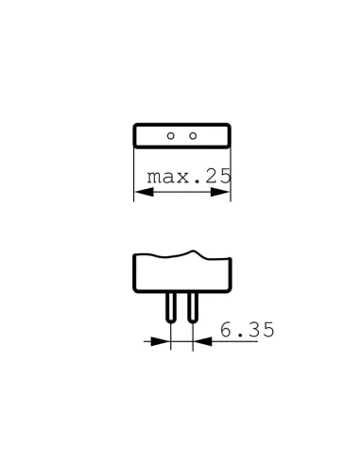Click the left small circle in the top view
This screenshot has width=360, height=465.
coord(171,136)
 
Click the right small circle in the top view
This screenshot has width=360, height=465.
coord(193,136)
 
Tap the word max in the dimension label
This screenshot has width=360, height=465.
coord(166,176)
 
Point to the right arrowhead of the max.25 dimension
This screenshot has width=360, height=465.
coord(225,193)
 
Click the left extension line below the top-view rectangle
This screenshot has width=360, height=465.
coord(134,175)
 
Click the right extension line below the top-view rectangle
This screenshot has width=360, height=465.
coord(231,175)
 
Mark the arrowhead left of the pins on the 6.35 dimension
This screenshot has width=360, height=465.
coord(163,342)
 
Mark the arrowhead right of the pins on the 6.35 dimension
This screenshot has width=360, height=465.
coord(200,342)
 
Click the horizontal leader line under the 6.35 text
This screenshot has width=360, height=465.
coord(241,342)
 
